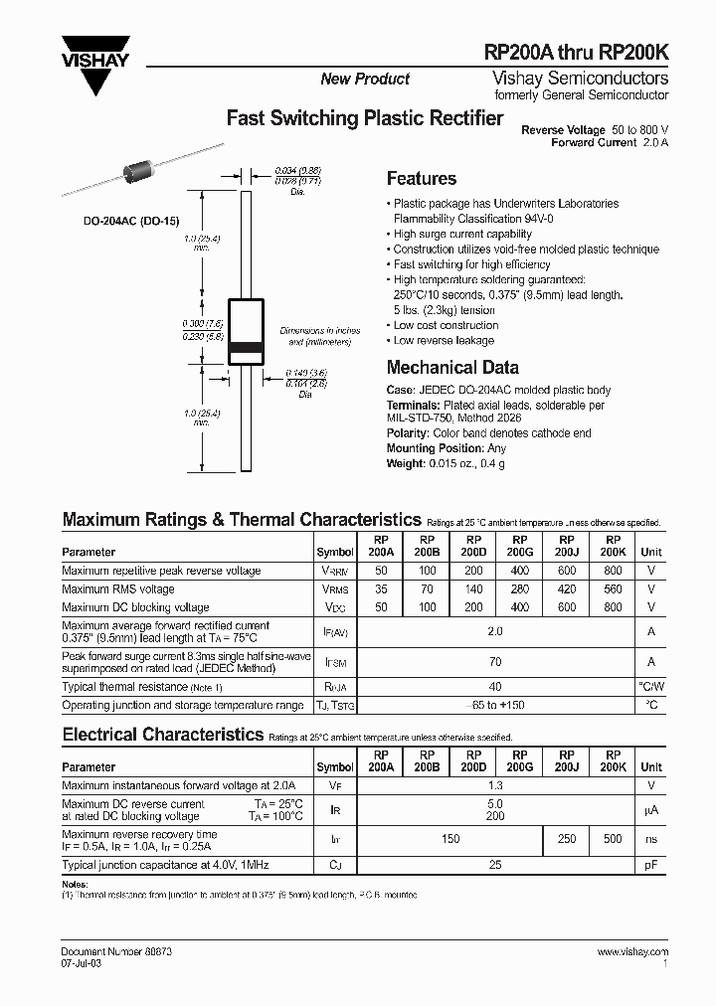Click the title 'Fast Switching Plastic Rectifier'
[x=365, y=118]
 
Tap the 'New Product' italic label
[x=365, y=79]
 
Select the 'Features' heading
[x=421, y=179]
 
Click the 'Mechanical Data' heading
[x=451, y=367]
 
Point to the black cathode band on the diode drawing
[x=246, y=348]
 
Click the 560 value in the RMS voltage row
[x=613, y=589]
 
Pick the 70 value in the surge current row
[x=494, y=661]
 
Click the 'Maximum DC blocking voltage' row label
[x=135, y=607]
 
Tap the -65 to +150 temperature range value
[x=494, y=705]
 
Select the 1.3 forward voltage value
[x=494, y=785]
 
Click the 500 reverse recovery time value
[x=613, y=839]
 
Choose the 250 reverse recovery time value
[x=567, y=839]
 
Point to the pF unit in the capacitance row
[x=651, y=866]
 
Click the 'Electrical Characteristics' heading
[x=161, y=735]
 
